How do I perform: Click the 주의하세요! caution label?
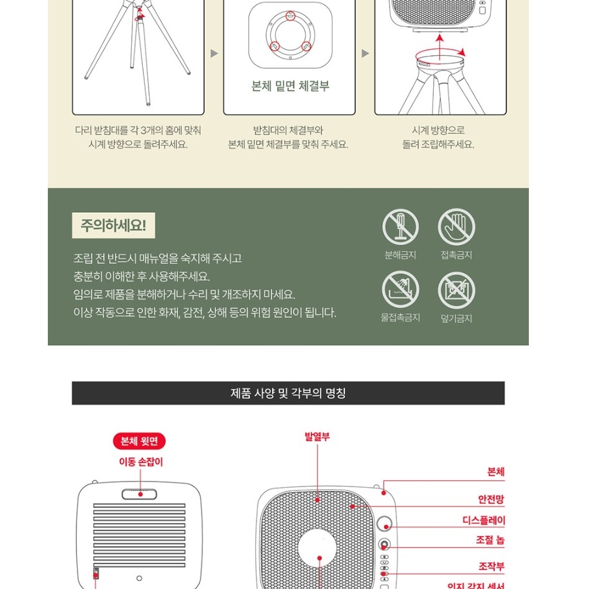point(113,225)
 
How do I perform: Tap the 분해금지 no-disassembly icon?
point(400,227)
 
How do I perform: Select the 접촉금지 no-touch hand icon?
point(456,227)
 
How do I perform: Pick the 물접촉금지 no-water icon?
point(400,290)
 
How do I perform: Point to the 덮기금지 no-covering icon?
point(456,290)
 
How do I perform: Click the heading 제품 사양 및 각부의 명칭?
point(288,393)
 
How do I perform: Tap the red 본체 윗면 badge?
point(139,441)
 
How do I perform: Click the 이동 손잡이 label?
point(140,462)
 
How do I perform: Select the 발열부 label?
point(317,437)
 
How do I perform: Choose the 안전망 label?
point(491,499)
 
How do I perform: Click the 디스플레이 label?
point(483,520)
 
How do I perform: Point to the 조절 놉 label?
point(490,541)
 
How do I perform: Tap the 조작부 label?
point(491,566)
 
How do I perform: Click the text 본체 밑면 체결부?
point(290,86)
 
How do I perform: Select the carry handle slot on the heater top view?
point(140,494)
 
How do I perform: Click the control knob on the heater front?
point(385,546)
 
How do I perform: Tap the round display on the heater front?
point(385,523)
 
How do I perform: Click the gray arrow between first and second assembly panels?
point(214,53)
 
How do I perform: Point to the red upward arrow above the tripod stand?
point(440,47)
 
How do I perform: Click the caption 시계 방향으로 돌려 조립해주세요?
point(438,137)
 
